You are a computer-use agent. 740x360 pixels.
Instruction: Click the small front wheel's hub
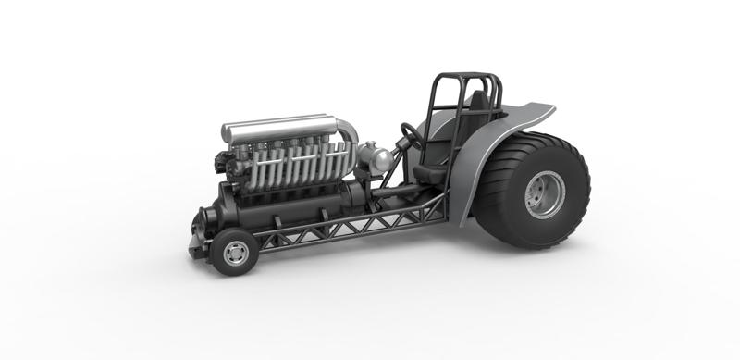pyautogui.click(x=235, y=253)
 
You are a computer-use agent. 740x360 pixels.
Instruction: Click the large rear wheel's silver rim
pyautogui.click(x=543, y=194)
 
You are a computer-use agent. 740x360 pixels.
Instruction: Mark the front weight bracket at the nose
pyautogui.click(x=195, y=246)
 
